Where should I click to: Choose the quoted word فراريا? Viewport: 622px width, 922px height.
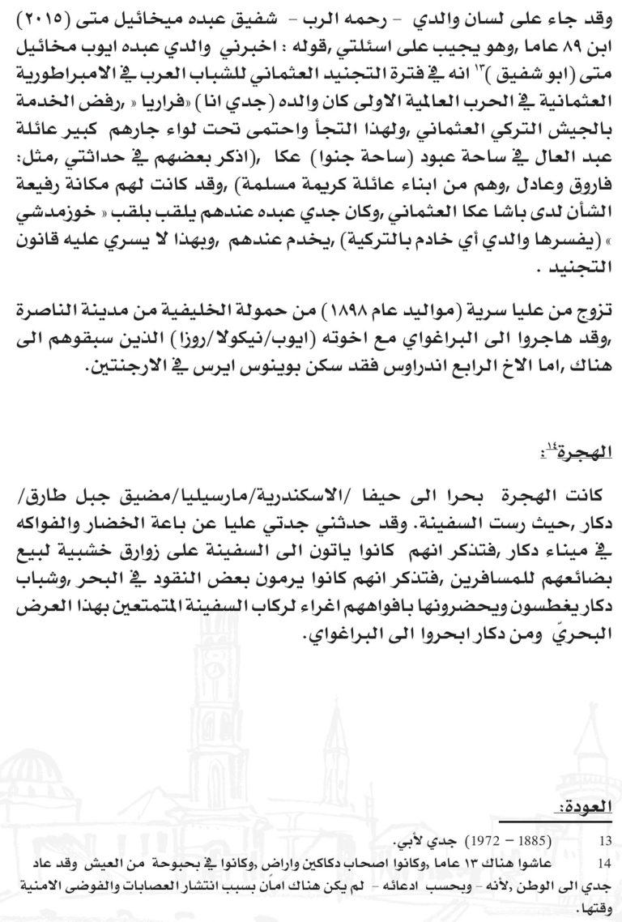[162, 81]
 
